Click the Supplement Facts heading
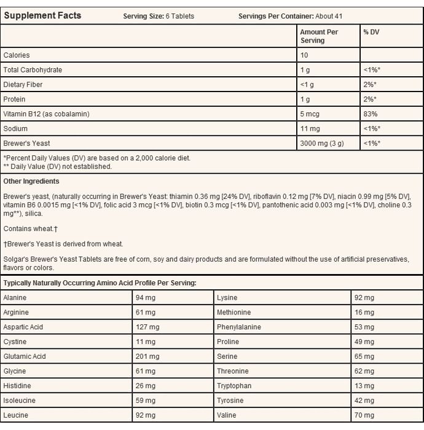tap(42, 15)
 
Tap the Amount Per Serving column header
tap(319, 36)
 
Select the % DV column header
tap(371, 32)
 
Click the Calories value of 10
tap(304, 55)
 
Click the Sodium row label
tap(15, 129)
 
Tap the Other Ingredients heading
tap(31, 181)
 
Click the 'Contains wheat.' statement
tap(28, 228)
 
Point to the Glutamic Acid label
tap(25, 356)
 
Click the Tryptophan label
tap(234, 386)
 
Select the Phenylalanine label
tap(239, 327)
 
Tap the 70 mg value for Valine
tap(364, 415)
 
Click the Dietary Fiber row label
tap(23, 85)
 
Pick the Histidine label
tap(18, 386)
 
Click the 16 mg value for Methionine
tap(364, 312)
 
